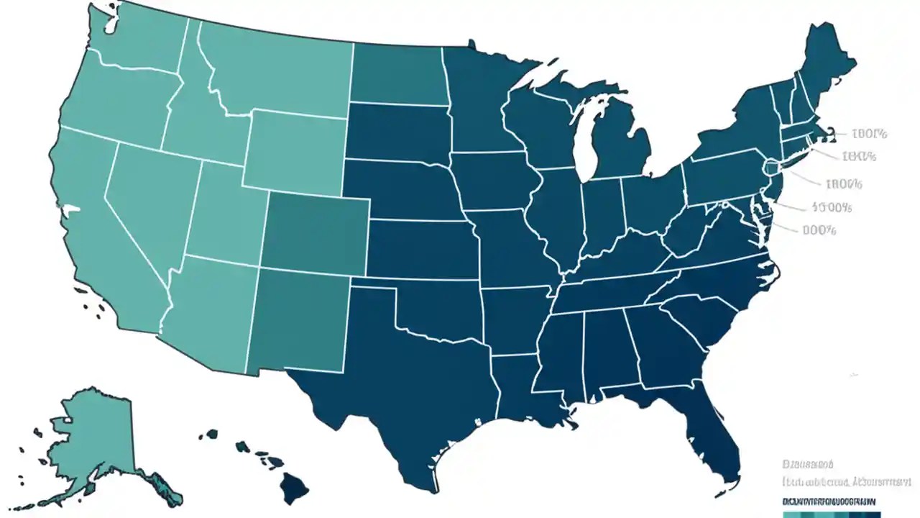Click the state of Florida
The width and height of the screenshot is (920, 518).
[708, 424]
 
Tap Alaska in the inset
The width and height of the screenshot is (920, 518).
[93, 439]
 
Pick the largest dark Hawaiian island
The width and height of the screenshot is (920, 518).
[295, 489]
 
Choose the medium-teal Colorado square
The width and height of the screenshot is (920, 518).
[316, 234]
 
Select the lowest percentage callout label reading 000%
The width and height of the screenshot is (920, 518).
[819, 231]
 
